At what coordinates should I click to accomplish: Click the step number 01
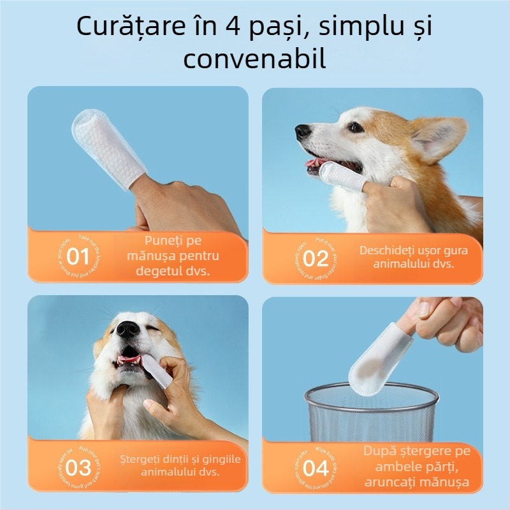[78, 258]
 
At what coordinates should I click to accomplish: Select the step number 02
[315, 259]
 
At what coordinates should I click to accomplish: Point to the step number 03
[78, 467]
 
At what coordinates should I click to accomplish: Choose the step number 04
[315, 469]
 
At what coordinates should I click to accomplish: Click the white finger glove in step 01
[106, 145]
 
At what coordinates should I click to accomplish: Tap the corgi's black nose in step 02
[303, 132]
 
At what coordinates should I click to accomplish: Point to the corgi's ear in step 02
[440, 137]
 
